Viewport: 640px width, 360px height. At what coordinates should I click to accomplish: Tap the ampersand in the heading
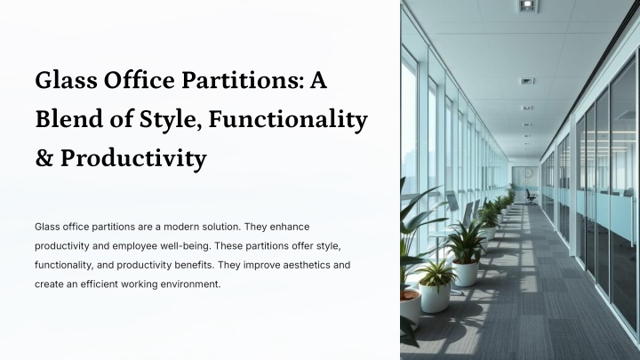coord(44,158)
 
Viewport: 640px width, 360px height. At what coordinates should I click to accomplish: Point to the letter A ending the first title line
coord(319,80)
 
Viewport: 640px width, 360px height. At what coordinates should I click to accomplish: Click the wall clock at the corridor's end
coord(528,172)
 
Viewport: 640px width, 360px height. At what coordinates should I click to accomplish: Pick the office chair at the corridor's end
coord(531,196)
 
